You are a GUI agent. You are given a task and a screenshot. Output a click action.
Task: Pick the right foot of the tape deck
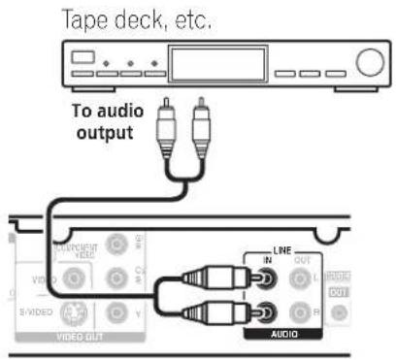(355, 93)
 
